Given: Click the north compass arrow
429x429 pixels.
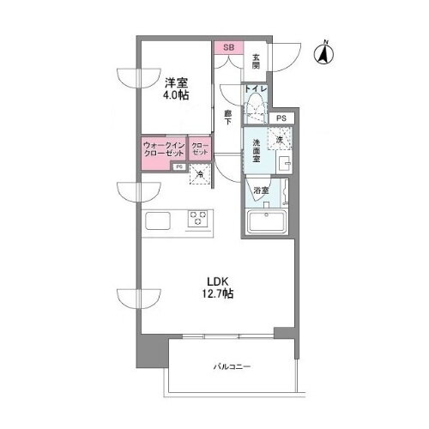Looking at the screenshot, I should point(325,53).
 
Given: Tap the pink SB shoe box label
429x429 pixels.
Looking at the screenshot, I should point(228,48).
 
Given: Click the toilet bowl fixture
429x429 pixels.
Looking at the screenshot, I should point(254,109).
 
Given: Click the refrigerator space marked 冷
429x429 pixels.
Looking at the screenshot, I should point(199,176).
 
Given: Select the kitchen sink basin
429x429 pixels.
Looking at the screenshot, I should point(160,221).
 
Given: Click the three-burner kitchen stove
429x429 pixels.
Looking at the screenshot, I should point(200,220).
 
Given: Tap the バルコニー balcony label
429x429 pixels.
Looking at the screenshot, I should point(232,367).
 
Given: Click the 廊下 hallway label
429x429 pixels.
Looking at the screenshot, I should point(228,118).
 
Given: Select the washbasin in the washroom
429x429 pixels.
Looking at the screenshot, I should point(287,160).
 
